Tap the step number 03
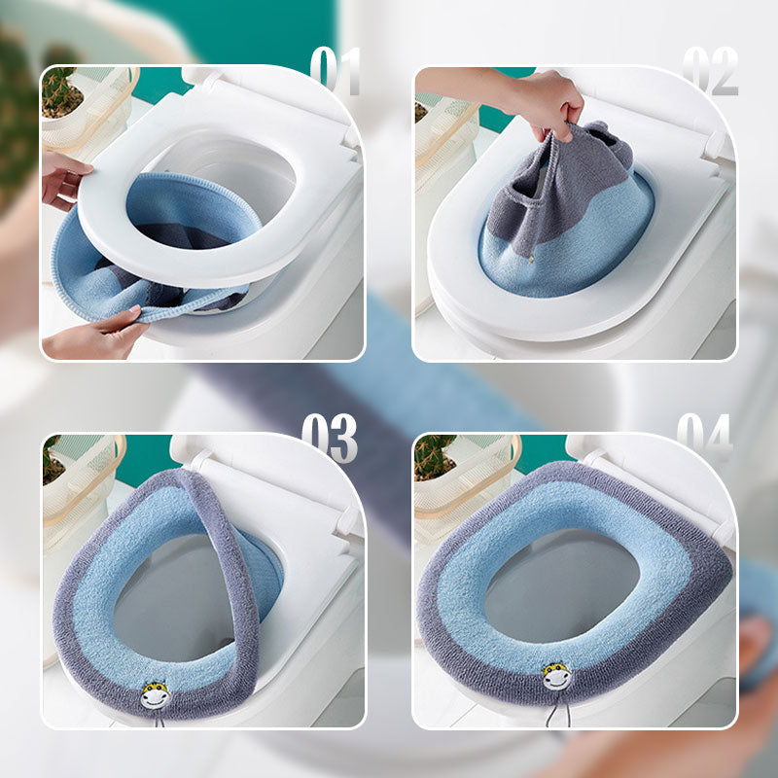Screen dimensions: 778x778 click(x=329, y=439)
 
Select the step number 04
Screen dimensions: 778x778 click(x=704, y=439)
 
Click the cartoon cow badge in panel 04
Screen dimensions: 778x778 click(x=556, y=674)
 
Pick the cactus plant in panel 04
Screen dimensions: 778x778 click(x=435, y=455)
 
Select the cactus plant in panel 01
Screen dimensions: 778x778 click(x=61, y=90)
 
